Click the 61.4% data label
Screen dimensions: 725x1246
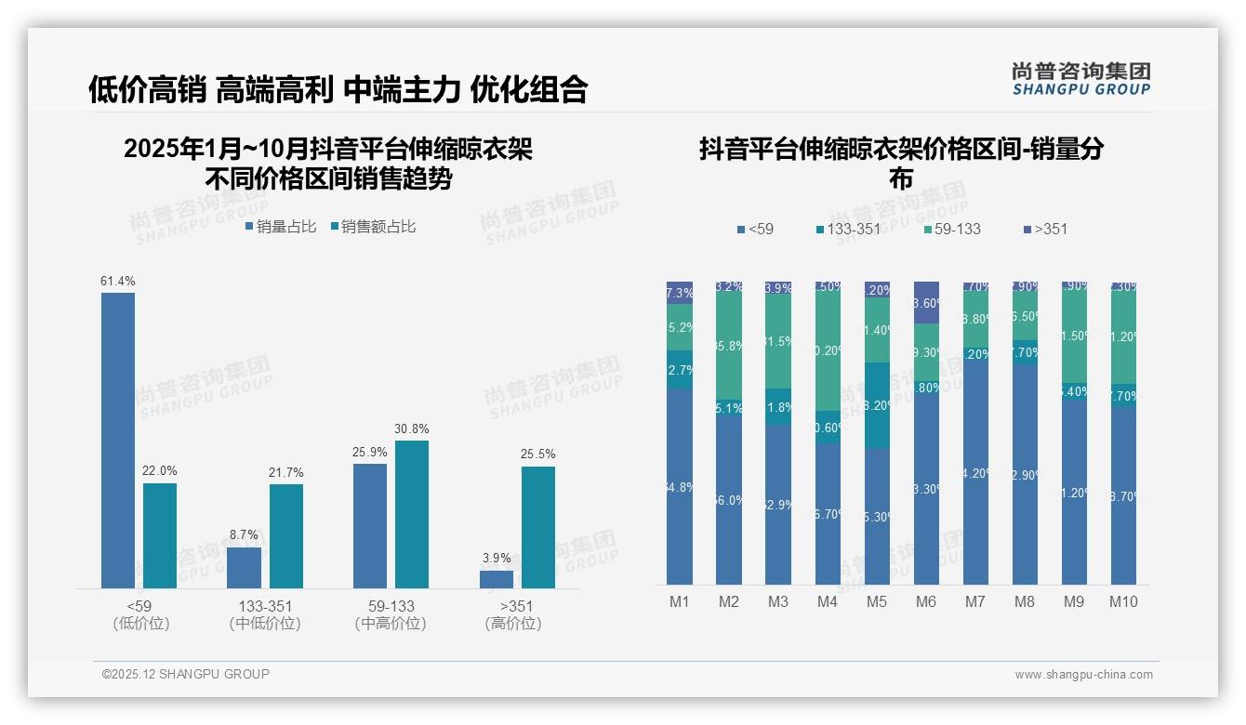118,281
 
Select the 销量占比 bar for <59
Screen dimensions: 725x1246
118,441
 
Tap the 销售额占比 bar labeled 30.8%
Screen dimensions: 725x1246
412,514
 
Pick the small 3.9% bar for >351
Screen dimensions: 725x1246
497,579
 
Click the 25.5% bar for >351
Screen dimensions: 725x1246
538,527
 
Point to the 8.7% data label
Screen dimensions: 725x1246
244,535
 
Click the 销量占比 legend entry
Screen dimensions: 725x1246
281,227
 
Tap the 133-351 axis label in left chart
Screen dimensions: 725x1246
264,607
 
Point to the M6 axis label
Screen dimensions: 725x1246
926,602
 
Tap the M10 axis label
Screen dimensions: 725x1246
1123,602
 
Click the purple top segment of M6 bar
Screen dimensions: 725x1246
926,303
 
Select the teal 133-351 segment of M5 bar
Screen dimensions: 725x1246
877,405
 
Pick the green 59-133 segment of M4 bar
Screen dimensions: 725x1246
828,351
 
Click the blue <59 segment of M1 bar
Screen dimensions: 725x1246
680,486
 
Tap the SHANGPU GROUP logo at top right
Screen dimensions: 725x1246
1080,79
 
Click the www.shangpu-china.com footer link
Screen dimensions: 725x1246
1083,675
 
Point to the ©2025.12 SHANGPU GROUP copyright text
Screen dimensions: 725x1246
186,674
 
